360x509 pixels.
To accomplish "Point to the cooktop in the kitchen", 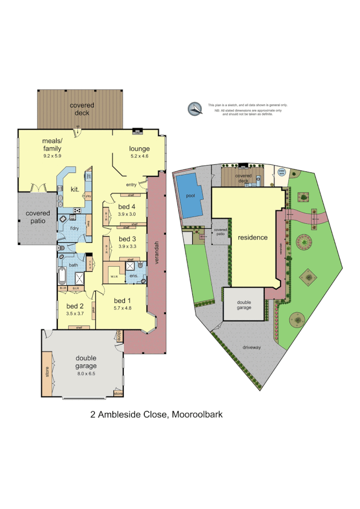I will [77, 210].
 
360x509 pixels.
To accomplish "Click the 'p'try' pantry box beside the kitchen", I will [88, 196].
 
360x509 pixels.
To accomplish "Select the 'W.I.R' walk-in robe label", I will [115, 277].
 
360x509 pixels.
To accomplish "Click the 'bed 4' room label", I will [127, 206].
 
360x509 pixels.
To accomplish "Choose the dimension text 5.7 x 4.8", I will [123, 307].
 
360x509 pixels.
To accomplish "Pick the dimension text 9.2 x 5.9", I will [52, 156].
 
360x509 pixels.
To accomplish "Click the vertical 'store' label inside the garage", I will [47, 373].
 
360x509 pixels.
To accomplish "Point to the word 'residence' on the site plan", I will [252, 237].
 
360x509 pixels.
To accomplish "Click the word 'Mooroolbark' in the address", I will [197, 414].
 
